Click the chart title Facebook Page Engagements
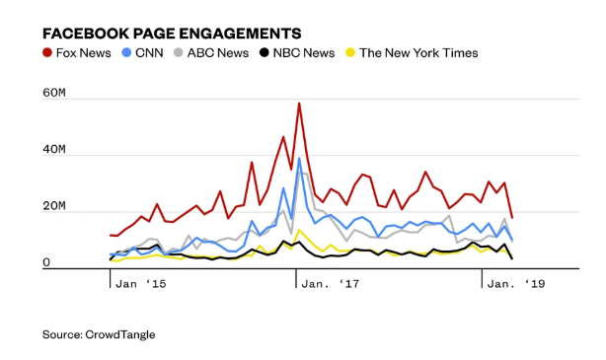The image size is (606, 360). click(172, 34)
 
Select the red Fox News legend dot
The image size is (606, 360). click(48, 53)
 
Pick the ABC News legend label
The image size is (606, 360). click(219, 53)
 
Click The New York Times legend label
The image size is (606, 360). click(418, 53)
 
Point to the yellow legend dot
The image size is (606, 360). click(351, 53)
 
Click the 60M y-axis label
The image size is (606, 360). click(53, 95)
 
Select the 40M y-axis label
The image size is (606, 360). click(53, 152)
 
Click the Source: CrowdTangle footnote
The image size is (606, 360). click(98, 335)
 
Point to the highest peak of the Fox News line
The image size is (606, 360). click(299, 103)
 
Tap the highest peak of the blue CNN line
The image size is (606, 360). click(299, 158)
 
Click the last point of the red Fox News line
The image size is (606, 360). click(511, 217)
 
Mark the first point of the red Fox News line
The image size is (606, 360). click(111, 235)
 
